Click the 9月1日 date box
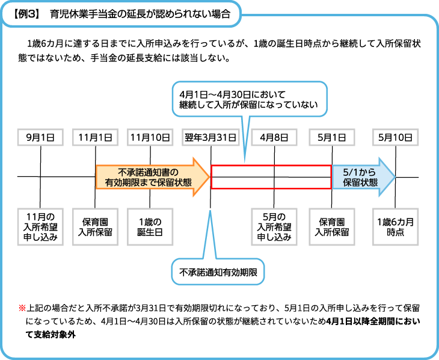40,137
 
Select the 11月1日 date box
95,137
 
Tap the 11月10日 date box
149,137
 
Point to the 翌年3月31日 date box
210,137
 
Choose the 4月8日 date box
274,137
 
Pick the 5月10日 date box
395,137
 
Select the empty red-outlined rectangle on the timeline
271,177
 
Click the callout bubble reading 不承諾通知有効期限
218,273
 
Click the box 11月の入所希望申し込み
40,226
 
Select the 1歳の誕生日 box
149,226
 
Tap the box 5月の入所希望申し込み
274,226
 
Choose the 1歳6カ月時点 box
395,226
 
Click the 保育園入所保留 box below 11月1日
95,226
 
